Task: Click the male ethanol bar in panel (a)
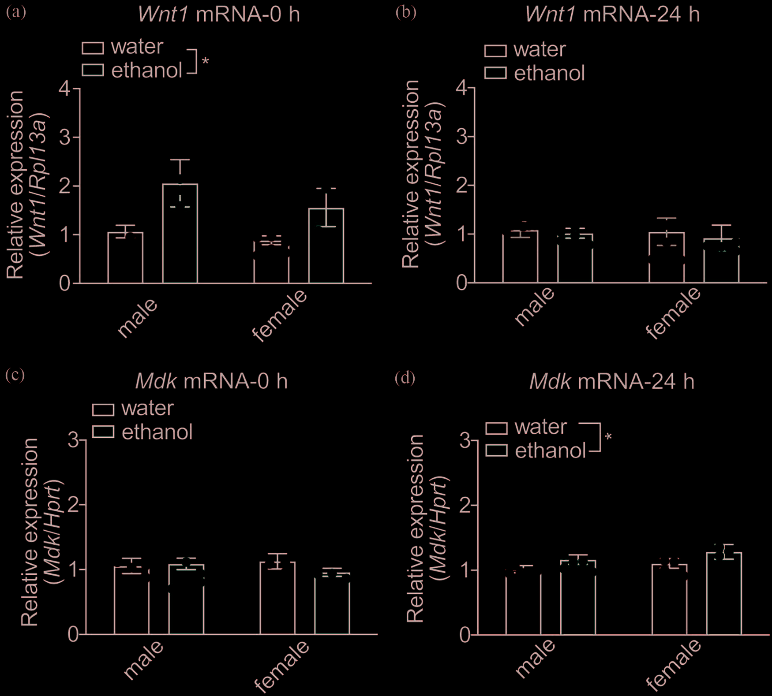pyautogui.click(x=180, y=234)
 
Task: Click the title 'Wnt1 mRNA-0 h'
pyautogui.click(x=219, y=14)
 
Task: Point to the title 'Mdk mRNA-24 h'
pyautogui.click(x=611, y=381)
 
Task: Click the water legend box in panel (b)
pyautogui.click(x=495, y=51)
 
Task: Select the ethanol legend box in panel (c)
pyautogui.click(x=103, y=432)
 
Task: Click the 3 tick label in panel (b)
pyautogui.click(x=461, y=137)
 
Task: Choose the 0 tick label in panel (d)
pyautogui.click(x=465, y=635)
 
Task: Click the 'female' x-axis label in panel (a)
pyautogui.click(x=280, y=315)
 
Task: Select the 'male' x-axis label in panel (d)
pyautogui.click(x=535, y=658)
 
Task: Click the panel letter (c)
pyautogui.click(x=15, y=375)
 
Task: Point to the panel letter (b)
pyautogui.click(x=405, y=12)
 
